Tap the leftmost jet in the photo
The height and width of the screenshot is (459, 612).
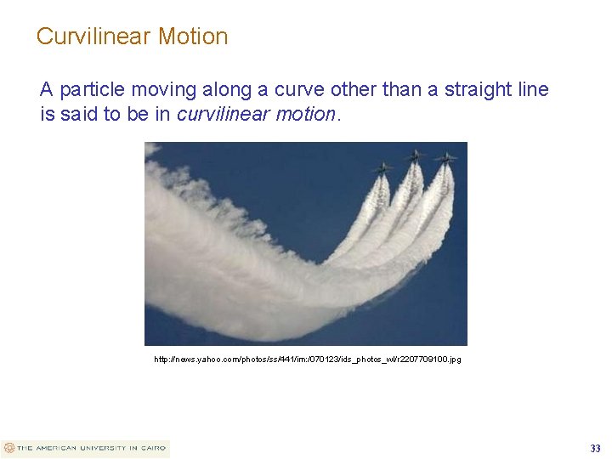coord(382,167)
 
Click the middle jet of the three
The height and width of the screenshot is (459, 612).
coord(415,156)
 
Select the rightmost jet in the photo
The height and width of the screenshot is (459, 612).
coord(445,158)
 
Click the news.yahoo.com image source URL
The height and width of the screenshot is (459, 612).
coord(308,360)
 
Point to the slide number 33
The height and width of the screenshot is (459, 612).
coord(595,448)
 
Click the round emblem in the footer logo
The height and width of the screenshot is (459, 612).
coord(9,448)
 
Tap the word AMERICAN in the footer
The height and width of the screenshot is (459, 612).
coord(56,448)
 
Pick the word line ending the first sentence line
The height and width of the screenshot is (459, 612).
coord(533,89)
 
